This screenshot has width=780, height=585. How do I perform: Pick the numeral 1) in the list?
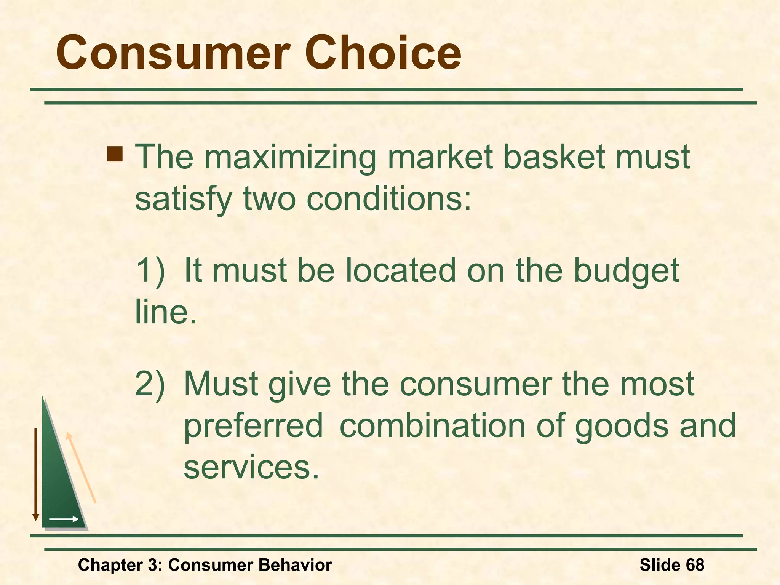click(151, 270)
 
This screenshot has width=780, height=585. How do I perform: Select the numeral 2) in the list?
click(151, 384)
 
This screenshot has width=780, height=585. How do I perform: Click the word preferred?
click(253, 425)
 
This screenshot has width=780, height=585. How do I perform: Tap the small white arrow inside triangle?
click(64, 519)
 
